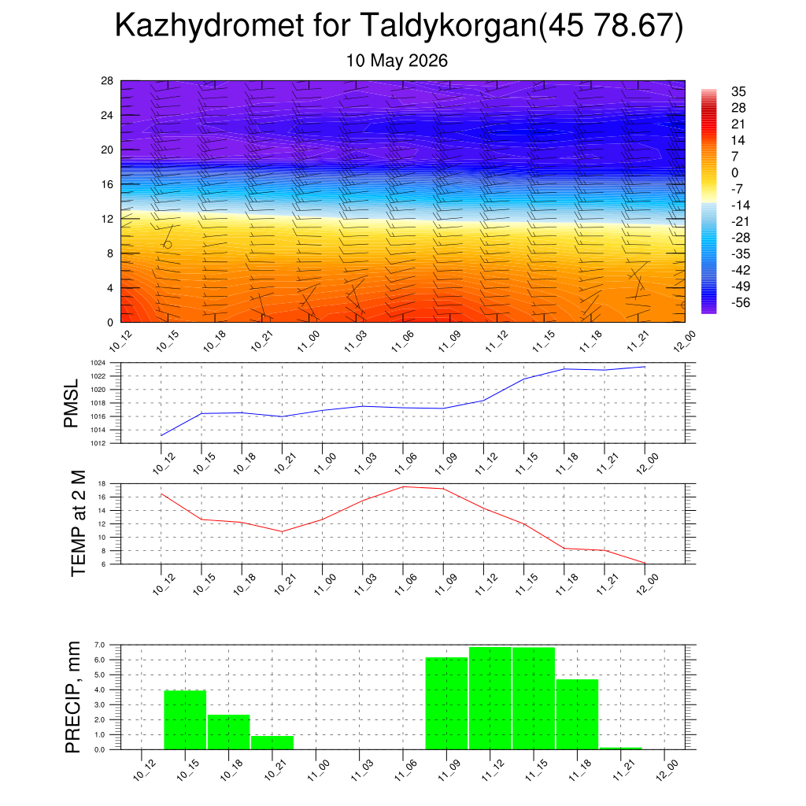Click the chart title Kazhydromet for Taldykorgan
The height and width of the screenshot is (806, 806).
coord(325,25)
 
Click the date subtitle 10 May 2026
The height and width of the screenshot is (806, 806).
coord(397,61)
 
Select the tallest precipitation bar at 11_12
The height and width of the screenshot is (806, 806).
coord(490,698)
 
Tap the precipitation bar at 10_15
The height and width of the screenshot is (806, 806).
coord(185,719)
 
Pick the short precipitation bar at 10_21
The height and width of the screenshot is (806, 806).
coord(272,743)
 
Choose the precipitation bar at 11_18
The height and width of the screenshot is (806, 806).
coord(577,715)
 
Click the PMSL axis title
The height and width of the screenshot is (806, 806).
coord(71,403)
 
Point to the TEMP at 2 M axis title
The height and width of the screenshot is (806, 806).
coord(78,523)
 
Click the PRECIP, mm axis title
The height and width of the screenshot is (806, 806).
coord(73,697)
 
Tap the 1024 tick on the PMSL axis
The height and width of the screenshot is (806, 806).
coord(98,363)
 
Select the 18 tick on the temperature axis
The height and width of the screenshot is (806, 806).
coord(102,484)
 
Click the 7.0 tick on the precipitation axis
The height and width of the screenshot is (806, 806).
coord(100,645)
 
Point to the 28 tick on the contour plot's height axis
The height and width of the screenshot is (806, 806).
coord(107,81)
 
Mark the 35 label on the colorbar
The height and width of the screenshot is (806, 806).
coord(738,91)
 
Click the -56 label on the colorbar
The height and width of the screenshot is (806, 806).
coord(741,303)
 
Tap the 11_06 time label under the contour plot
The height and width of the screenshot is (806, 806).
coord(402,342)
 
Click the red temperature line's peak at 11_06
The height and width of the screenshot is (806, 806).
coord(403,486)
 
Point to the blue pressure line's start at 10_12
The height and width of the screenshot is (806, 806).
coord(161,435)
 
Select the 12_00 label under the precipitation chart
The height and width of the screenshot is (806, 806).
coord(667,771)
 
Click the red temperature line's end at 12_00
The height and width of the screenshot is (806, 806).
coord(645,563)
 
